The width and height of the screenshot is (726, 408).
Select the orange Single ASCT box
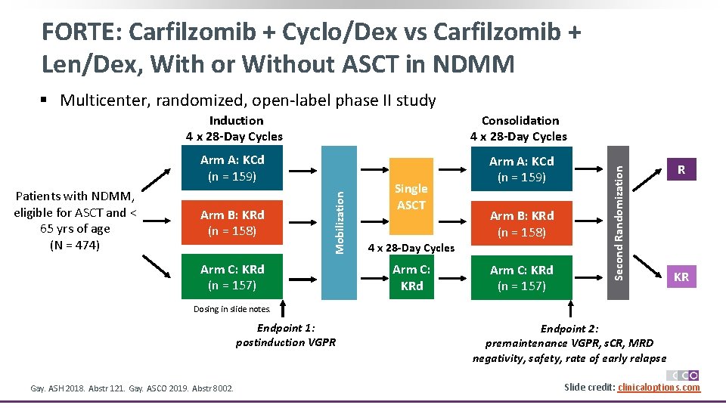click(x=411, y=197)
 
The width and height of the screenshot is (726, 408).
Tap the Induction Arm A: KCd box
click(x=232, y=168)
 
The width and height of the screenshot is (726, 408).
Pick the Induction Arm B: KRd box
click(x=232, y=223)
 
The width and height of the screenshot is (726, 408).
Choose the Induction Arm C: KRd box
click(x=232, y=277)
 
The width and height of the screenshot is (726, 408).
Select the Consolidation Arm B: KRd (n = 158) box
click(x=521, y=224)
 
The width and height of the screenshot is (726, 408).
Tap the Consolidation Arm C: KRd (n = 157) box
click(x=521, y=277)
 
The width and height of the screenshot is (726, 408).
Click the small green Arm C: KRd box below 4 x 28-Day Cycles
click(x=411, y=277)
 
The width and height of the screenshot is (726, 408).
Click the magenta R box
click(x=681, y=170)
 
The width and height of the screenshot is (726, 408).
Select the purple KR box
click(x=681, y=277)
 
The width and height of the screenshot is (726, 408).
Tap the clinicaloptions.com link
click(x=659, y=388)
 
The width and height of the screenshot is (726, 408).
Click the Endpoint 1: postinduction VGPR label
click(x=286, y=335)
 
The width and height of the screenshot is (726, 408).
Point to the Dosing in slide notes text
click(x=231, y=308)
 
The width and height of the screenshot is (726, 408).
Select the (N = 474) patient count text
click(x=74, y=245)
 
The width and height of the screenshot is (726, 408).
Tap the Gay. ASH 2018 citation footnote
click(x=132, y=388)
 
